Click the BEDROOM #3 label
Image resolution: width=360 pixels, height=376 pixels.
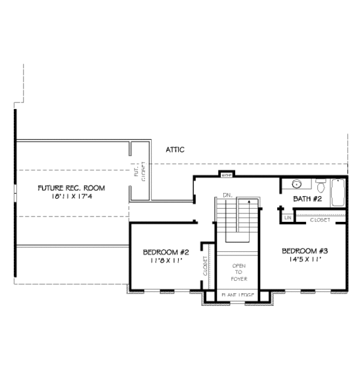(x=304, y=251)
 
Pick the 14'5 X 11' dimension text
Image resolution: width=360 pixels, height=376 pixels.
(x=304, y=260)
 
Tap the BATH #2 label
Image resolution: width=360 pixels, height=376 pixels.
(x=308, y=198)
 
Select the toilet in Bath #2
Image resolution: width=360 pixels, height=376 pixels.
(x=320, y=184)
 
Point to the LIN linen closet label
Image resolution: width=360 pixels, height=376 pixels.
(x=288, y=217)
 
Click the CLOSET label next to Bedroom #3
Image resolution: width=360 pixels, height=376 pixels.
(x=320, y=220)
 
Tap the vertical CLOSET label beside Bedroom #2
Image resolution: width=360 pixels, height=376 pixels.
(x=205, y=265)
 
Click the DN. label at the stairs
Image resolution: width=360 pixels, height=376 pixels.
(x=228, y=195)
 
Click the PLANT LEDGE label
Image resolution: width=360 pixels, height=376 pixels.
(x=237, y=295)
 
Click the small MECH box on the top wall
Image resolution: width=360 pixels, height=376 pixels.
(x=226, y=176)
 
